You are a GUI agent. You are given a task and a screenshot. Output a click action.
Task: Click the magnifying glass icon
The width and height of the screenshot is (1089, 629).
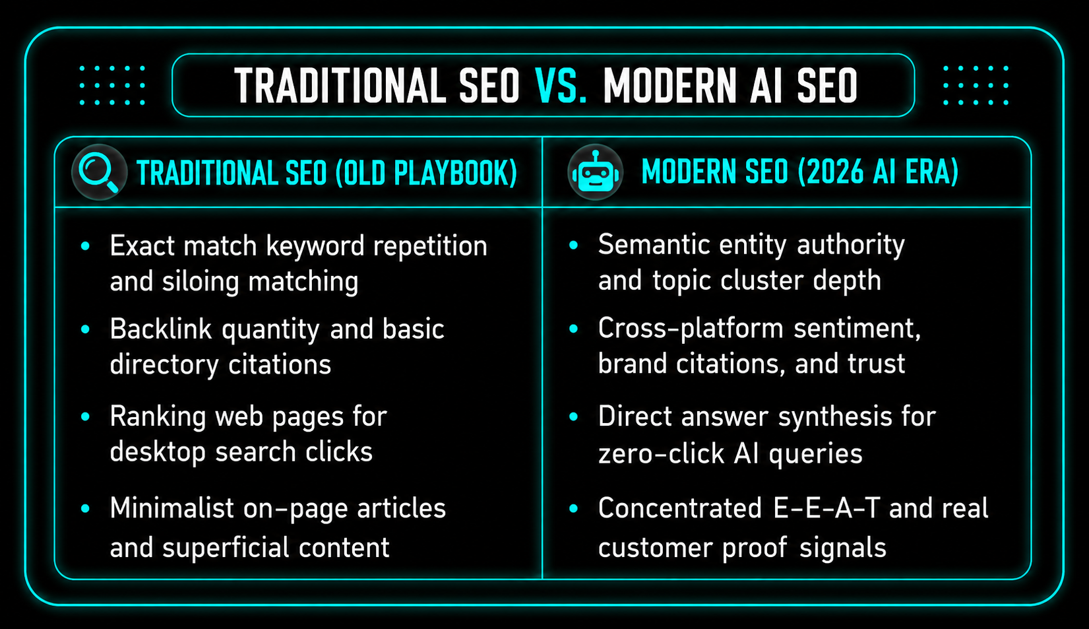[x=99, y=172]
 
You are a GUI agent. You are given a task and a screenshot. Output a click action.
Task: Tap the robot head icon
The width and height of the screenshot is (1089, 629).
[x=595, y=171]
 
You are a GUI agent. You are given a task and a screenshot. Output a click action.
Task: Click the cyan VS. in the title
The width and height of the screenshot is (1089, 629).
[x=561, y=86]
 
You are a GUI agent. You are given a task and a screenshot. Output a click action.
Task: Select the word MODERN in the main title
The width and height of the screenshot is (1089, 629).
[x=671, y=86]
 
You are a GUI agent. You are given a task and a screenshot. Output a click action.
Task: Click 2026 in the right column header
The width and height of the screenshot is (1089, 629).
[x=832, y=171]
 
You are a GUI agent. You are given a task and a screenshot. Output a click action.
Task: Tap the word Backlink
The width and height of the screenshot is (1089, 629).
[x=161, y=329]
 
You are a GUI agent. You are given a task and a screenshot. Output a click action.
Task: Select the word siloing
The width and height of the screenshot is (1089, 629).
[x=201, y=282]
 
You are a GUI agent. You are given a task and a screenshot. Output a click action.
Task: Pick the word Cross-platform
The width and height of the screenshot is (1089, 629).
[x=691, y=329]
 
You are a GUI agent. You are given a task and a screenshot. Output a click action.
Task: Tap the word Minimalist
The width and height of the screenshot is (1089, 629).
[x=172, y=508]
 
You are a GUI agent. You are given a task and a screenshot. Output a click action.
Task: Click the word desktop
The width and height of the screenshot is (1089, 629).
[x=158, y=452]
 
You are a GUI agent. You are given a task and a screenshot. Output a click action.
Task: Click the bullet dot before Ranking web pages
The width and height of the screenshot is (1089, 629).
[x=86, y=417]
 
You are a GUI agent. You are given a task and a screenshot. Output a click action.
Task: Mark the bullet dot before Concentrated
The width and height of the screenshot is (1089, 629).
[x=574, y=509]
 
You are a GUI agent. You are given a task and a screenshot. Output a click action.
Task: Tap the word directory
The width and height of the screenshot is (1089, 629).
[x=164, y=365]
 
